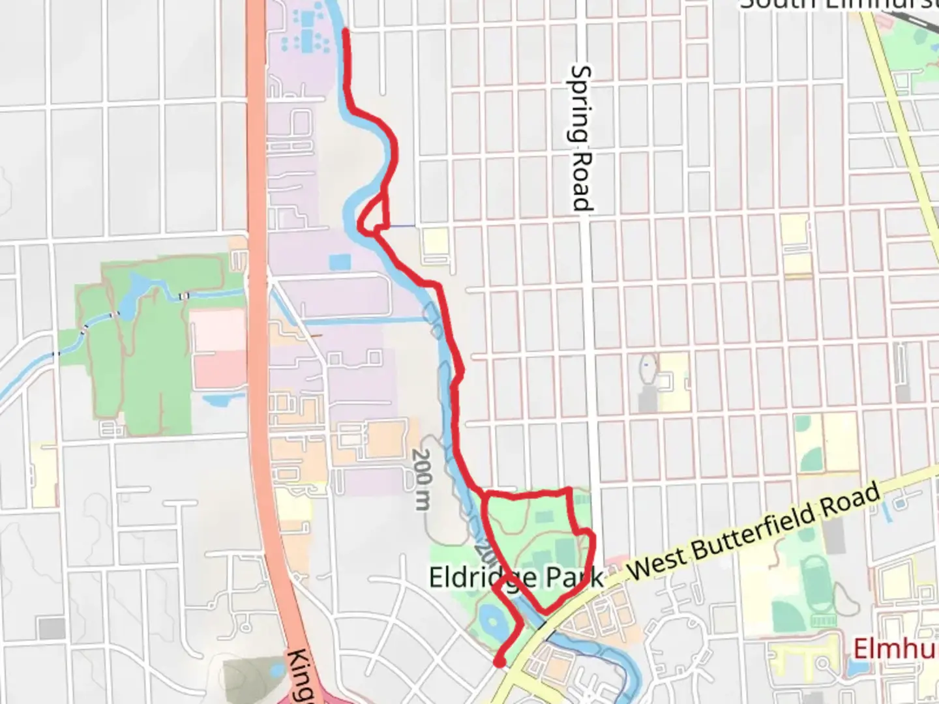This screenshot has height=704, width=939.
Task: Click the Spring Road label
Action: pyautogui.click(x=581, y=138)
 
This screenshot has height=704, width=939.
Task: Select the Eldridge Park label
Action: pyautogui.click(x=515, y=578)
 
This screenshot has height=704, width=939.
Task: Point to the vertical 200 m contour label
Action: pyautogui.click(x=423, y=479)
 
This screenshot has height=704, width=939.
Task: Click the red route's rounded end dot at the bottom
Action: pyautogui.click(x=499, y=663)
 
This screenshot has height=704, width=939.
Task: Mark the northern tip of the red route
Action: pyautogui.click(x=344, y=31)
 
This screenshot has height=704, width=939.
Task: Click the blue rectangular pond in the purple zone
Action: pyautogui.click(x=340, y=263)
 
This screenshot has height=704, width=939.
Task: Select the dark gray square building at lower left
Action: pyautogui.click(x=52, y=628)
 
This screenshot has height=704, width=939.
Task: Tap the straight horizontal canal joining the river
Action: pyautogui.click(x=365, y=320)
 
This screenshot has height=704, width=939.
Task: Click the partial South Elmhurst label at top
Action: pyautogui.click(x=839, y=5)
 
